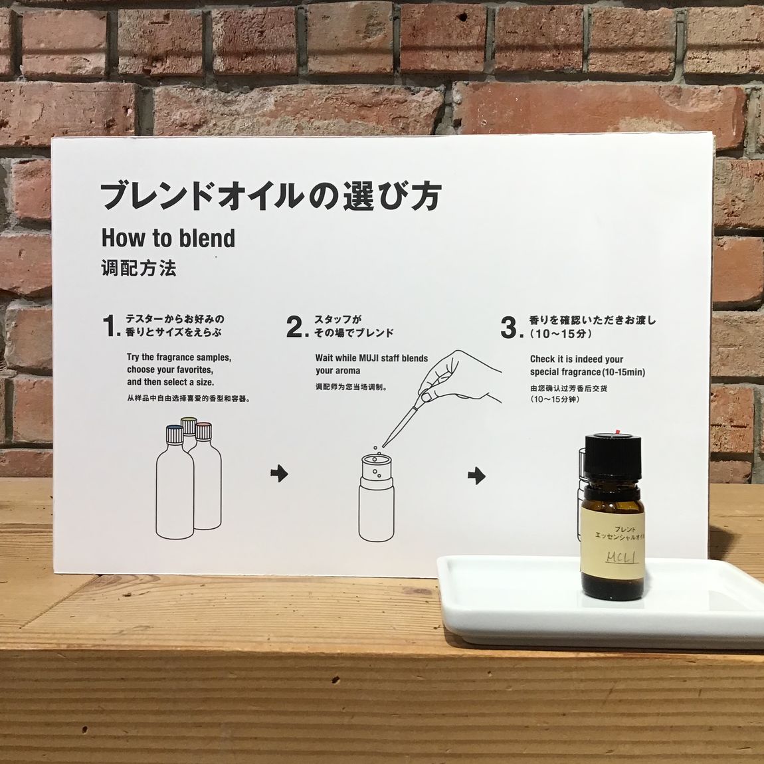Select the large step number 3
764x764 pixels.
point(509,328)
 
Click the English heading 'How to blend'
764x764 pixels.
point(168,239)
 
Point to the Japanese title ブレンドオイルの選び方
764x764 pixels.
point(271,196)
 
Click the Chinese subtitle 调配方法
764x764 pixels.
point(138,268)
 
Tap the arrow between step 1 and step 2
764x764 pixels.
point(279,473)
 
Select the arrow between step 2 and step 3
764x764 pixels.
point(476,476)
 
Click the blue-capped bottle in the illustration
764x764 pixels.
point(175,482)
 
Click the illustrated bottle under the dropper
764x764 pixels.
point(376,498)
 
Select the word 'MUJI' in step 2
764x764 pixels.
point(372,358)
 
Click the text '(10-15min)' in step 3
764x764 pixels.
point(622,372)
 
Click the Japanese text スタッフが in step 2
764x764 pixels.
point(337,320)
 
